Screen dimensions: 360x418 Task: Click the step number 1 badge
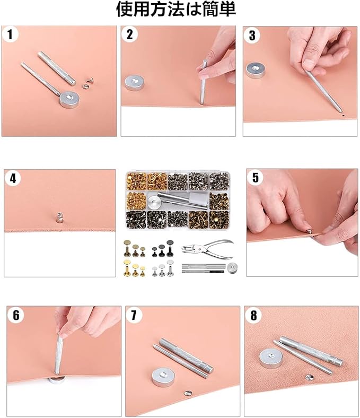[x=10, y=34]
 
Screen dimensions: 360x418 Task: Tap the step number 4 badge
[x=13, y=178]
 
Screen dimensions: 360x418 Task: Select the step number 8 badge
[x=253, y=316]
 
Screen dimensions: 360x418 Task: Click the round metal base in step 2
[x=133, y=83]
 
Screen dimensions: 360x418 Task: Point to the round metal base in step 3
[x=256, y=71]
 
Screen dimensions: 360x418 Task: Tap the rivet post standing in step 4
[x=60, y=217]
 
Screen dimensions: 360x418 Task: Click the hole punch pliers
[x=208, y=249]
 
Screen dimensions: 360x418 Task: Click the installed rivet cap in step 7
[x=188, y=393]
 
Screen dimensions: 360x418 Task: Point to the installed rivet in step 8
[x=309, y=377]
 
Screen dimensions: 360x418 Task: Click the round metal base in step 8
[x=271, y=359]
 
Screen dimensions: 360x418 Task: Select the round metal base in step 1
[x=69, y=99]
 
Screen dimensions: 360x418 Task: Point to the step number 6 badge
[x=16, y=316]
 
